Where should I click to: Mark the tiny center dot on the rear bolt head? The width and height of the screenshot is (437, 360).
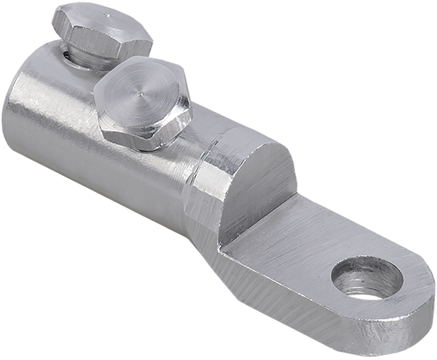[x=108, y=15]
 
